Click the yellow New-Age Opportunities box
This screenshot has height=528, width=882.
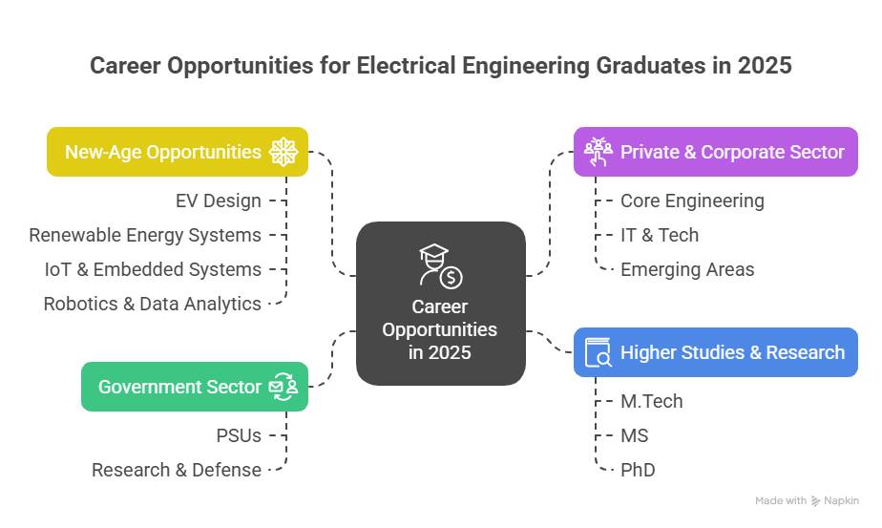(x=178, y=152)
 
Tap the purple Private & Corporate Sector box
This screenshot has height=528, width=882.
(x=715, y=152)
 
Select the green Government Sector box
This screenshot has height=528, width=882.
(x=194, y=387)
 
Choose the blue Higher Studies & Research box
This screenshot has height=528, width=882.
(x=715, y=352)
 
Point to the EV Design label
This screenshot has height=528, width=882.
(x=218, y=201)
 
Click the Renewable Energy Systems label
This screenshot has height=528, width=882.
(x=145, y=235)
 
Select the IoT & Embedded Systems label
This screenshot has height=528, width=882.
(x=153, y=269)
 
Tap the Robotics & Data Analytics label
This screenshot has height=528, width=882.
(x=152, y=304)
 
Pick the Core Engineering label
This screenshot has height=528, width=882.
(x=692, y=201)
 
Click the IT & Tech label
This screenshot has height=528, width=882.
(x=660, y=235)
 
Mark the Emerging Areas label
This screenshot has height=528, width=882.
(x=687, y=269)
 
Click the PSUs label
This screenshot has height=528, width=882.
(x=239, y=435)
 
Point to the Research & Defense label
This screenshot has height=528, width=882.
(x=177, y=470)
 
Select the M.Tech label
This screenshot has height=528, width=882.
(x=652, y=401)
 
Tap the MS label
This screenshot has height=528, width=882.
(x=635, y=435)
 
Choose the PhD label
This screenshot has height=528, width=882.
(x=638, y=470)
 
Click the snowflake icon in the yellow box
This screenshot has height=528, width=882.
(x=283, y=152)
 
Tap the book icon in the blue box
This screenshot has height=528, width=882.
(x=598, y=352)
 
